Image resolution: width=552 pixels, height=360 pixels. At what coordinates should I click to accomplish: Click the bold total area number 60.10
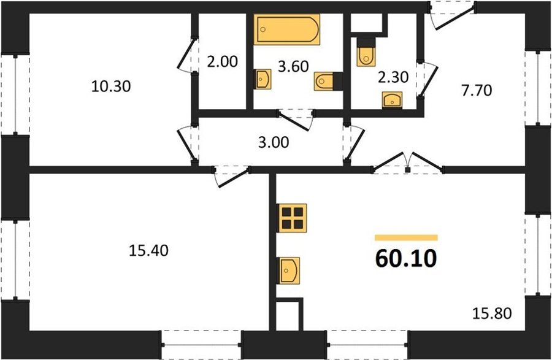coord(406,258)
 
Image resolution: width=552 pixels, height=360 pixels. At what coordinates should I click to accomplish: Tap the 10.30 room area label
coord(111,86)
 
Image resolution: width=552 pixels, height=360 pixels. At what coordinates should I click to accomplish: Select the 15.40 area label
coord(148,251)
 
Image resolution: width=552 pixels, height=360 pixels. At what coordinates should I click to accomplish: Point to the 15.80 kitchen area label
coord(491,313)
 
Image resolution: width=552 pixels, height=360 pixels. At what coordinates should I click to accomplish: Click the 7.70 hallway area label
coord(477,90)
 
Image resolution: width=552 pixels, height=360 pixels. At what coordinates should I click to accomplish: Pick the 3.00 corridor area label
coord(274,142)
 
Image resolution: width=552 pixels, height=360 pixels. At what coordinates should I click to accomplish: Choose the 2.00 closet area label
coord(223,62)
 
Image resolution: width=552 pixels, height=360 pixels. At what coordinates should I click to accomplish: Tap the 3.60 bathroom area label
coord(293,66)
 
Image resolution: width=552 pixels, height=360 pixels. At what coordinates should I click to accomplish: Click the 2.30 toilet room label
coord(393,77)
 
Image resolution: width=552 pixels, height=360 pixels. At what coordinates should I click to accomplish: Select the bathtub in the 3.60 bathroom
coord(287,29)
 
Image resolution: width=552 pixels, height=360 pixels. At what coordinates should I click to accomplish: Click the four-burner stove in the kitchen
coord(293,218)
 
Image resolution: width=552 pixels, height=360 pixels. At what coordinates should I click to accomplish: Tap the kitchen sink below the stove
coord(289,270)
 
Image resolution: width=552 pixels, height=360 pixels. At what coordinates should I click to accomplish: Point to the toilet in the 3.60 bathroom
coord(328,82)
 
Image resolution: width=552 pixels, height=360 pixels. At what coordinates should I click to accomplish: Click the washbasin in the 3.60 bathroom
coord(263,79)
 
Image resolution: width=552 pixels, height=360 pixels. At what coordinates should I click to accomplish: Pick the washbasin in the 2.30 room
coord(392,100)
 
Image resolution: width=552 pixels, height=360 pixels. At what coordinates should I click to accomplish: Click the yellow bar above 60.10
coord(406,238)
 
